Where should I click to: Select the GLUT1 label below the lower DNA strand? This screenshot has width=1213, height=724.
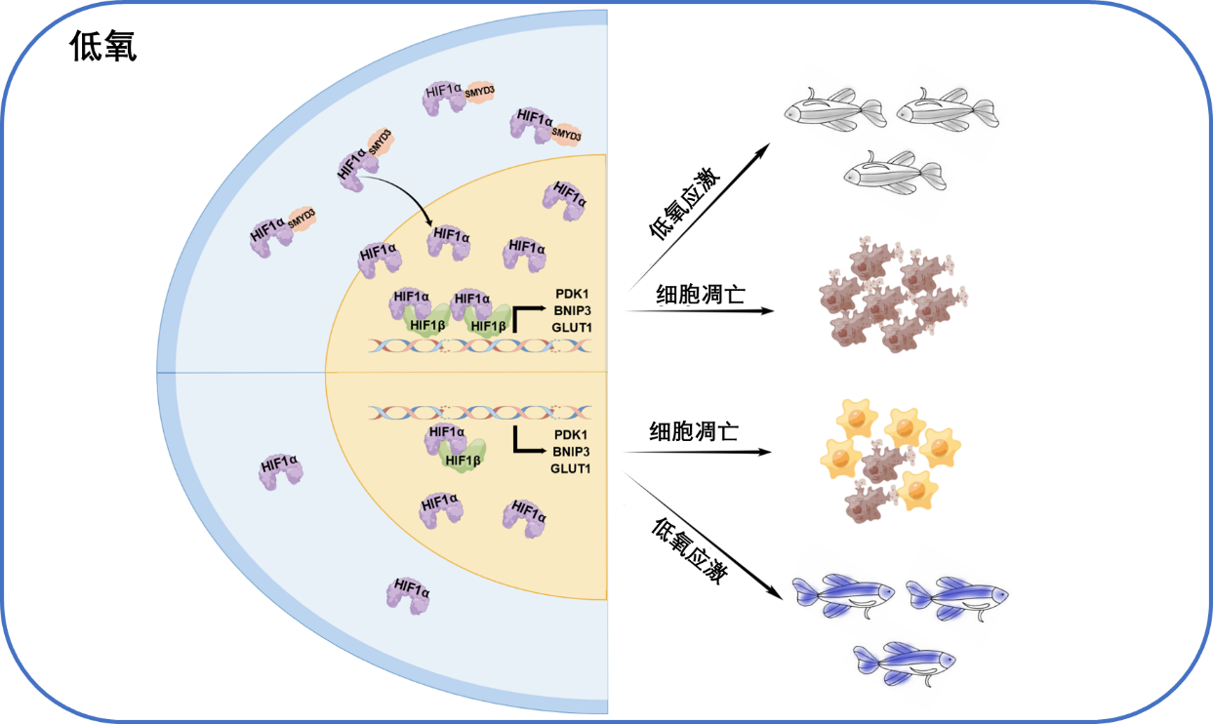click(571, 468)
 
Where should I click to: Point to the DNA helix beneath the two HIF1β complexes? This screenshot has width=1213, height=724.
click(479, 345)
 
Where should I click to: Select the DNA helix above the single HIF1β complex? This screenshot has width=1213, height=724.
click(479, 413)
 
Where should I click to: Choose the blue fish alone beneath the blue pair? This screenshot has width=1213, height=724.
click(904, 663)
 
